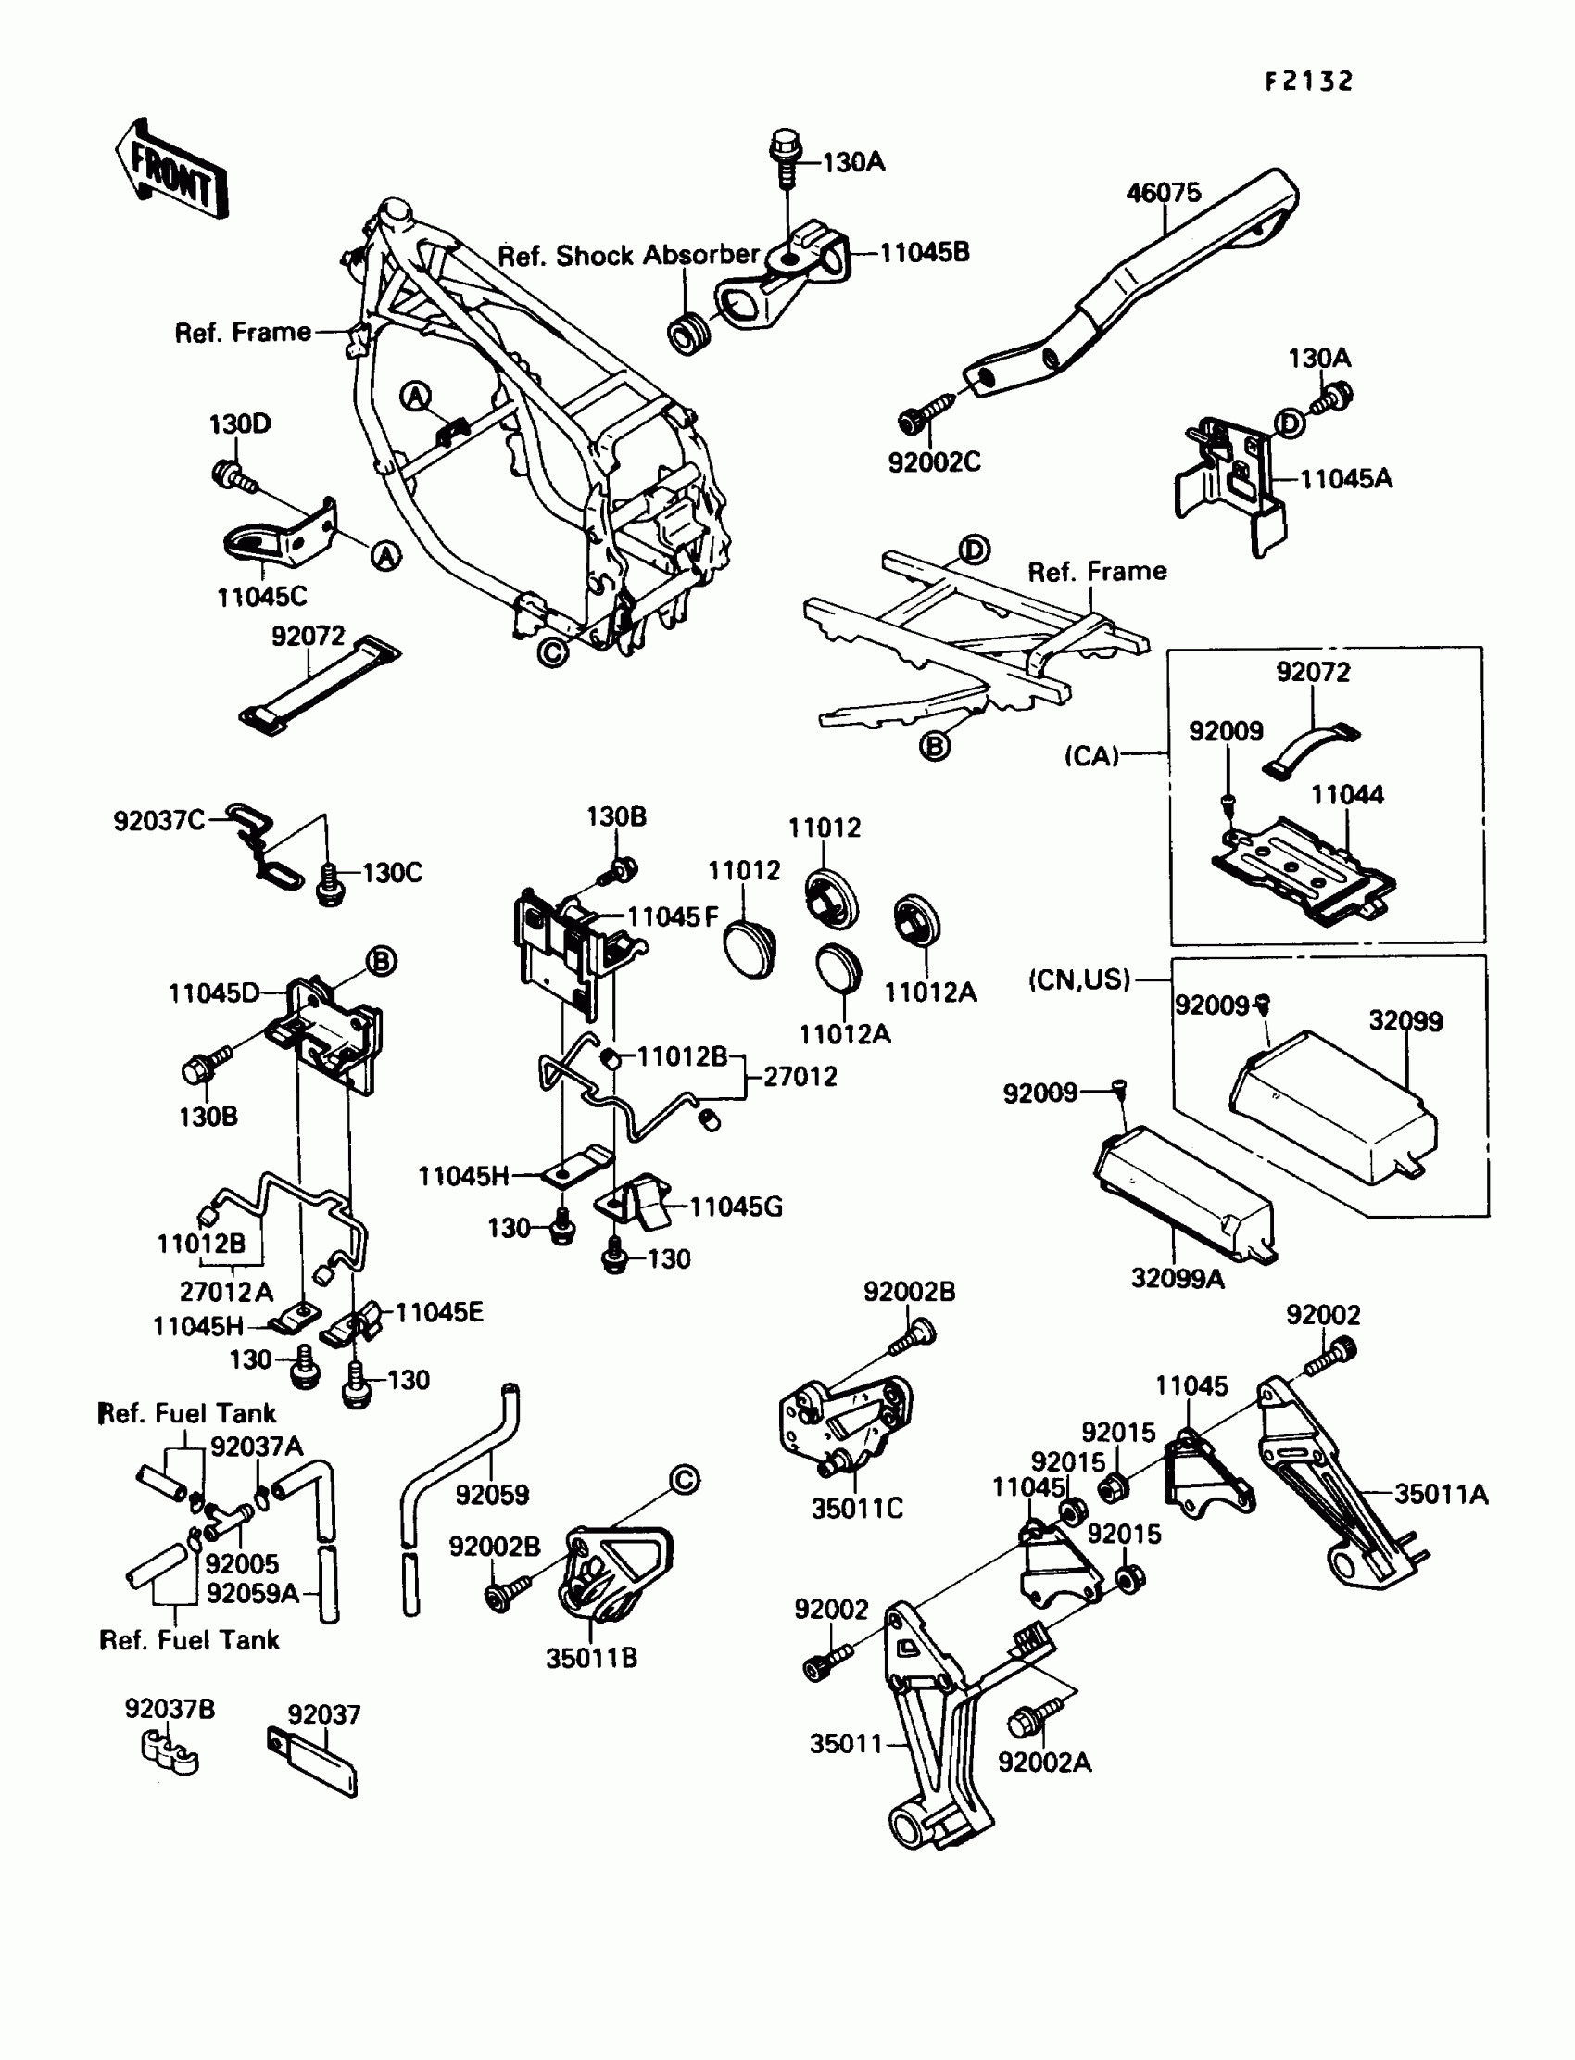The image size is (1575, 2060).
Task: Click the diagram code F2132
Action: click(x=1309, y=82)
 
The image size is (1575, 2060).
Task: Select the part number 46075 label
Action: click(x=1164, y=192)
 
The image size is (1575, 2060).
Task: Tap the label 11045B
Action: click(x=925, y=252)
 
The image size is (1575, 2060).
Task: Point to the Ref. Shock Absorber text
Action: click(x=628, y=255)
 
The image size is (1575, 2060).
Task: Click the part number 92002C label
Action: click(x=934, y=461)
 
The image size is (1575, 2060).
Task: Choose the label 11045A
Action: click(x=1346, y=478)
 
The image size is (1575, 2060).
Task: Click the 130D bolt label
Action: click(x=240, y=423)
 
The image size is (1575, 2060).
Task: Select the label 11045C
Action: click(x=261, y=597)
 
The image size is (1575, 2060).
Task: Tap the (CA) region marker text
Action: click(x=1092, y=756)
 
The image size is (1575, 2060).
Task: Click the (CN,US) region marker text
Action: click(x=1079, y=979)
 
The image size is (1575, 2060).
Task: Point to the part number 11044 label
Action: click(x=1347, y=794)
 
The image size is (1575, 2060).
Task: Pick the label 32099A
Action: click(x=1178, y=1278)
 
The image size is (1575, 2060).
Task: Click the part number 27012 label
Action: click(x=800, y=1077)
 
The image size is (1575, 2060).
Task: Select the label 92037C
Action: click(x=158, y=820)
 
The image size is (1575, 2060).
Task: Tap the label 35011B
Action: click(x=592, y=1658)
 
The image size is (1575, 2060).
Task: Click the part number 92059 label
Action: click(x=492, y=1495)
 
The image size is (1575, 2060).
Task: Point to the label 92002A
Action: click(x=1044, y=1762)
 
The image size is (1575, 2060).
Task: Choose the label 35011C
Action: click(x=857, y=1508)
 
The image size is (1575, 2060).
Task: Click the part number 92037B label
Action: click(x=170, y=1709)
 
